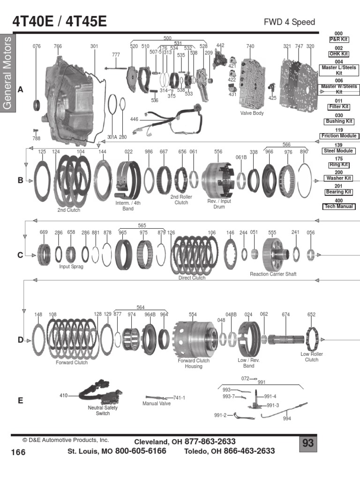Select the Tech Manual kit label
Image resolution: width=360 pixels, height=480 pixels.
[x=338, y=206]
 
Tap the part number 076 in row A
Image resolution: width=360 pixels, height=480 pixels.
[x=37, y=46]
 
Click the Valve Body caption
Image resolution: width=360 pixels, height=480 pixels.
[x=252, y=113]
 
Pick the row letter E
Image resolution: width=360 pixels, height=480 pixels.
[x=20, y=400]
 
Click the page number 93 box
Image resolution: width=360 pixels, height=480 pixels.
[x=307, y=443]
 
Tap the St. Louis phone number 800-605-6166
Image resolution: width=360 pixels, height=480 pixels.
[x=140, y=451]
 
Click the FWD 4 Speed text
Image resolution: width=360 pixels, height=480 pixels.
[x=290, y=22]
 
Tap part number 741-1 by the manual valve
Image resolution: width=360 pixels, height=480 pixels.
[x=179, y=397]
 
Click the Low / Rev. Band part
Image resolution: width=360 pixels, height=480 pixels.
[x=248, y=339]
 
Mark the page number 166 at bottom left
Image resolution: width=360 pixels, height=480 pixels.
[x=18, y=452]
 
